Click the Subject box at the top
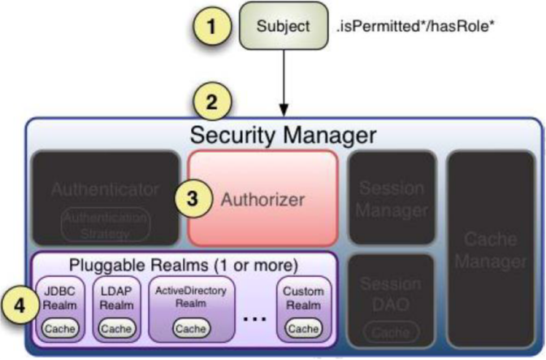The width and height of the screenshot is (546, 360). click(283, 26)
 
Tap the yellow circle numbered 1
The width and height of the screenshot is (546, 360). click(214, 26)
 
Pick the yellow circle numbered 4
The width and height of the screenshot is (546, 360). click(18, 308)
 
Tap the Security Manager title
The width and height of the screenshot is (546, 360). click(283, 134)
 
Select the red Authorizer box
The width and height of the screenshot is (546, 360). click(262, 197)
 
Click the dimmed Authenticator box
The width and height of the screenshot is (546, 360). click(105, 197)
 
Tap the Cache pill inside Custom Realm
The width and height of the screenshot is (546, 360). click(303, 329)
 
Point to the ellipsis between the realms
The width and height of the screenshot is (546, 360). click(254, 316)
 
